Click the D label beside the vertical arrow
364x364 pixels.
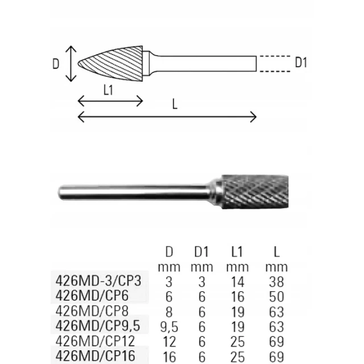tap(56, 64)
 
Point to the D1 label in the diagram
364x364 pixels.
tap(301, 63)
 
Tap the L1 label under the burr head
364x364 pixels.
tap(108, 90)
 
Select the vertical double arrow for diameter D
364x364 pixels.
tap(71, 64)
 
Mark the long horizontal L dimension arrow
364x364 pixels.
tap(167, 117)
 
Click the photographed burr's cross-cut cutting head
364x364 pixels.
tap(255, 192)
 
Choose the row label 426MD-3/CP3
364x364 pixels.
tap(98, 280)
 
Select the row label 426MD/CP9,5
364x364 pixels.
tap(98, 326)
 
